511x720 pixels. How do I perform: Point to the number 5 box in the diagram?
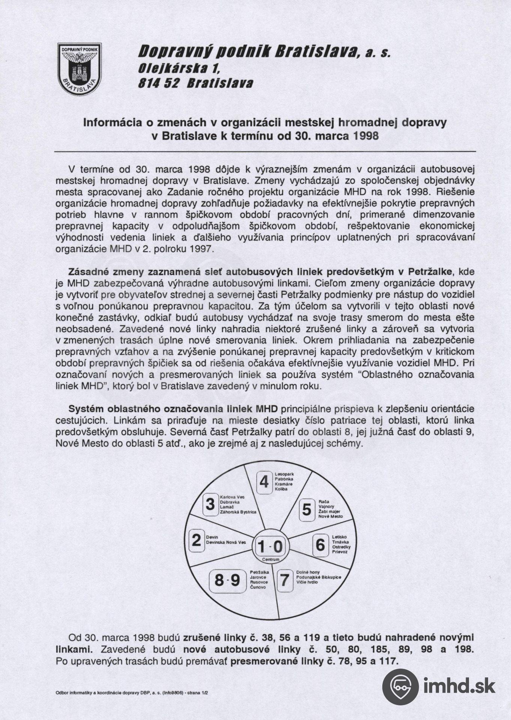click(307, 510)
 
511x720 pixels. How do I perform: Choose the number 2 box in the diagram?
click(197, 540)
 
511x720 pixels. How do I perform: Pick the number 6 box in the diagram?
click(320, 544)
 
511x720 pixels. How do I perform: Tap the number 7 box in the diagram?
click(285, 580)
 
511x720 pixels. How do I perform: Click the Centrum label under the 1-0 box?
click(271, 559)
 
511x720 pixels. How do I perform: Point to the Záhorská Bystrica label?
click(238, 512)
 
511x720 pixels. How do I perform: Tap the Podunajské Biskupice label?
click(319, 577)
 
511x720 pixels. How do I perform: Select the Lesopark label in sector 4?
click(284, 474)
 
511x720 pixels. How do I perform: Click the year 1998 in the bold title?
click(366, 135)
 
